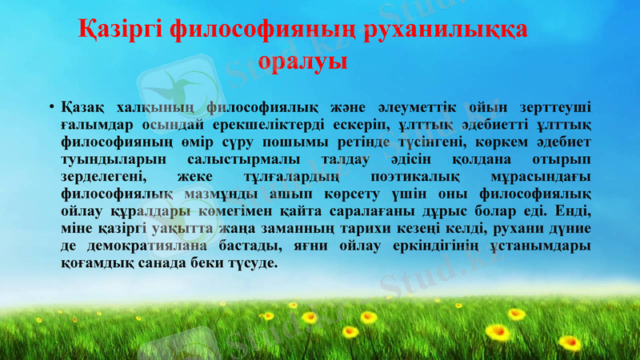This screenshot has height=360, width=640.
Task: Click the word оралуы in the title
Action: [304, 62]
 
